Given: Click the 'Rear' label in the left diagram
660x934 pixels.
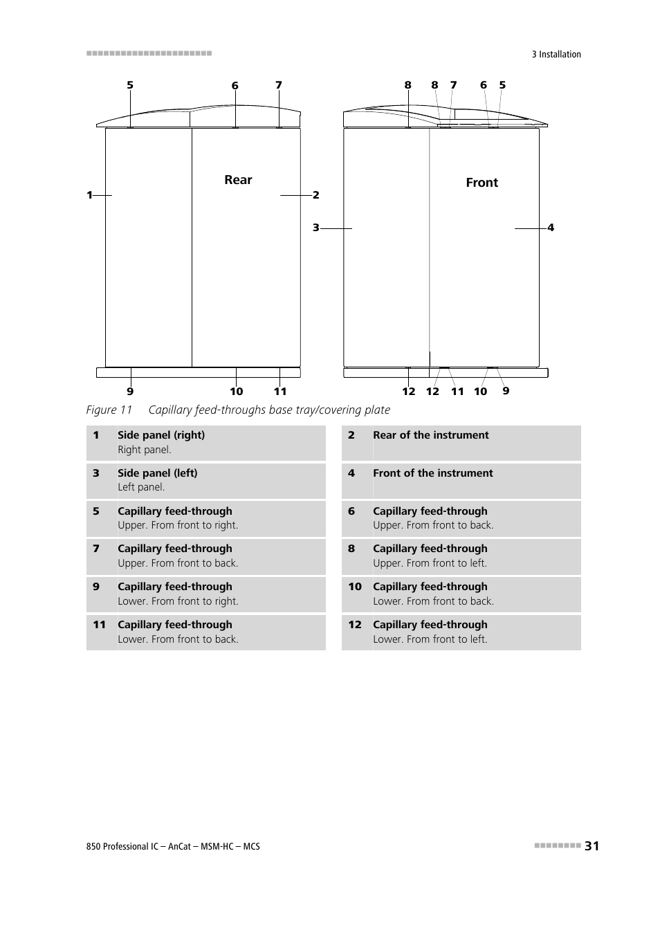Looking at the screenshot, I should pyautogui.click(x=238, y=180).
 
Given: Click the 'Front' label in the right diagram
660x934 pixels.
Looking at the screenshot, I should pyautogui.click(x=482, y=183).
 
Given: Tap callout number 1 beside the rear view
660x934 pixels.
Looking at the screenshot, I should pyautogui.click(x=89, y=195).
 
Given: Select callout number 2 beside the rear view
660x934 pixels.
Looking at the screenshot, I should pyautogui.click(x=315, y=195).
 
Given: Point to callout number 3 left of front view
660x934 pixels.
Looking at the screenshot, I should pyautogui.click(x=315, y=228).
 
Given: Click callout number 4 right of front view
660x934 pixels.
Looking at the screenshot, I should pyautogui.click(x=551, y=228).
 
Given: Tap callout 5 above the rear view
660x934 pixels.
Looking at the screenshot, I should pyautogui.click(x=130, y=86).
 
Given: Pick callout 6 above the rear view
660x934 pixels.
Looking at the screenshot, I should pyautogui.click(x=235, y=86).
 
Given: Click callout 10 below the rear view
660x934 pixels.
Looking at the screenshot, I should pyautogui.click(x=237, y=392).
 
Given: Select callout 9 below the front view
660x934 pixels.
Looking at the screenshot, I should pyautogui.click(x=506, y=391).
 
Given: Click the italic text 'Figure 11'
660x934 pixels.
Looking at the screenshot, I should pyautogui.click(x=109, y=410).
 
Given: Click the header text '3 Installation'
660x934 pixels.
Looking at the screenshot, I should pyautogui.click(x=556, y=55).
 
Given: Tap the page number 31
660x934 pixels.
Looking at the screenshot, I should pyautogui.click(x=592, y=845).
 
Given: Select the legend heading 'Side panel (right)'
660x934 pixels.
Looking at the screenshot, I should pyautogui.click(x=161, y=435).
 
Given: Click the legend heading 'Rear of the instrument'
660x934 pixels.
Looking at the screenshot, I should pyautogui.click(x=430, y=435).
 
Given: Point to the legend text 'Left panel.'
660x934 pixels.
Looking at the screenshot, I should pyautogui.click(x=141, y=487).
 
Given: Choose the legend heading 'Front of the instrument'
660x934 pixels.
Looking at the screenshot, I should pyautogui.click(x=433, y=473).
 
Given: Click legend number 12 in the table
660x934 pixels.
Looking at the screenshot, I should pyautogui.click(x=355, y=625).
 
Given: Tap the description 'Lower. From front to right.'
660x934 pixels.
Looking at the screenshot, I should pyautogui.click(x=178, y=601).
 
